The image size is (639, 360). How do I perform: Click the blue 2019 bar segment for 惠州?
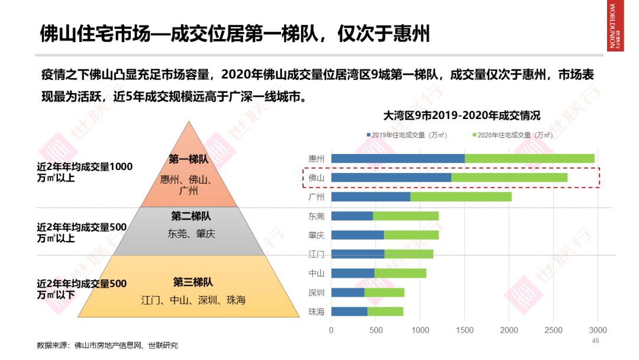pyautogui.click(x=398, y=158)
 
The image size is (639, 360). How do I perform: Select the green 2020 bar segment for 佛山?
pyautogui.click(x=509, y=177)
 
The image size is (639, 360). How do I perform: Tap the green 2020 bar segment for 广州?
pyautogui.click(x=461, y=197)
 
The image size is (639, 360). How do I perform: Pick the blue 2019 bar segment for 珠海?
pyautogui.click(x=349, y=311)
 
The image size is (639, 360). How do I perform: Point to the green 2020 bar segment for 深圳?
pyautogui.click(x=384, y=292)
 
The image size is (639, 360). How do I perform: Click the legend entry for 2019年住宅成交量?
pyautogui.click(x=406, y=135)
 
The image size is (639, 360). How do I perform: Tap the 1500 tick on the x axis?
pyautogui.click(x=464, y=330)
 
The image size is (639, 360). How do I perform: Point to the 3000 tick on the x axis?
pyautogui.click(x=598, y=330)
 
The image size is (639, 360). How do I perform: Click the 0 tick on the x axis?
pyautogui.click(x=331, y=330)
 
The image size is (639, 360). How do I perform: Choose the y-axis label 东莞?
pyautogui.click(x=317, y=216)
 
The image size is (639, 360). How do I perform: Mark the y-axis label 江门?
pyautogui.click(x=317, y=254)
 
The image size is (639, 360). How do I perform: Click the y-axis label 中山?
pyautogui.click(x=317, y=274)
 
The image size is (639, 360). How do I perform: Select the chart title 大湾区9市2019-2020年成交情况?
pyautogui.click(x=461, y=115)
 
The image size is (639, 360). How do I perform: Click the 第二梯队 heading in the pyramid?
pyautogui.click(x=191, y=216)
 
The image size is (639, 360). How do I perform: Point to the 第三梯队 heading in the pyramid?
pyautogui.click(x=193, y=282)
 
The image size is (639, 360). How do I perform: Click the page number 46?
pyautogui.click(x=596, y=341)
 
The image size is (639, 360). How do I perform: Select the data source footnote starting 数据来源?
pyautogui.click(x=107, y=345)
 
